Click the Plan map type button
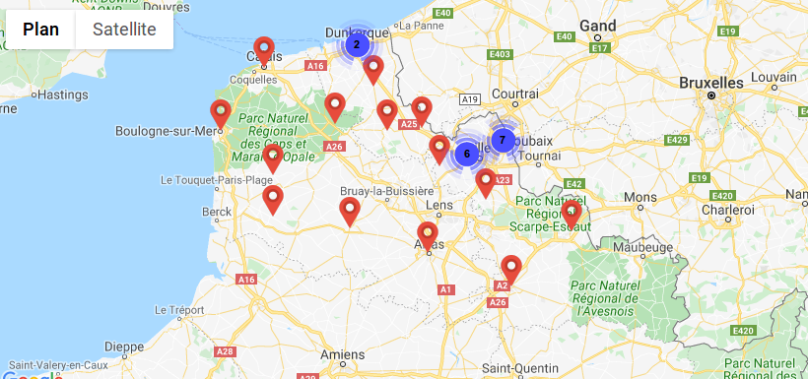pos(40,30)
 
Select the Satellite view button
pos(124,30)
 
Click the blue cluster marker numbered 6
pos(467,154)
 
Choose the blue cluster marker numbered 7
pos(503,140)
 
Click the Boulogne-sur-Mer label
pos(165,131)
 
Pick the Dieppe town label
pos(124,346)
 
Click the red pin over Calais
pos(263,49)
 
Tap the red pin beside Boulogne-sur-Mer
pos(221,113)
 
